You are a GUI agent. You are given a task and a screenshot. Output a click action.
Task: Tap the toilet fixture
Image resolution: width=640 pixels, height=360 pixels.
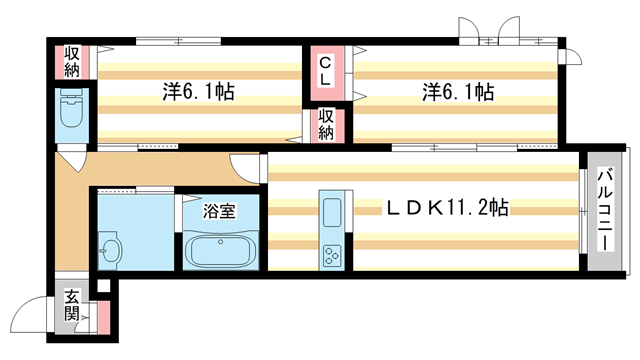pos(72,110)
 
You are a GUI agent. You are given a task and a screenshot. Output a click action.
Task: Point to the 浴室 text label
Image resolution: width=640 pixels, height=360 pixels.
pos(219,211)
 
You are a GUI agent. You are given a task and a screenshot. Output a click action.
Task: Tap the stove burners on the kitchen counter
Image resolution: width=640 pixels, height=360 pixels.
pos(331,255)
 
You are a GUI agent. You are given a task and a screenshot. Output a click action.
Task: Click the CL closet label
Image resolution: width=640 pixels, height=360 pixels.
pos(326,72)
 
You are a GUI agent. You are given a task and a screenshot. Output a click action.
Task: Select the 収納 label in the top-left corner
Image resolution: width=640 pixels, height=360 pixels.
pos(72,61)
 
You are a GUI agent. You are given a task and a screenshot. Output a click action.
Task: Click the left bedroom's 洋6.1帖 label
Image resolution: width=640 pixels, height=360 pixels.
pos(199,92)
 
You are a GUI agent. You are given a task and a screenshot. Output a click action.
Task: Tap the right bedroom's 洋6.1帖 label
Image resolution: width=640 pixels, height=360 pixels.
pos(456,92)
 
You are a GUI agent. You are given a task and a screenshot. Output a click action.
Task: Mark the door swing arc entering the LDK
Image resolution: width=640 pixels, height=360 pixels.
pos(246,166)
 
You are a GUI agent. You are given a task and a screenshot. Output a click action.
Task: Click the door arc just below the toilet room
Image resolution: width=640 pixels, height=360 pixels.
pos(72,160)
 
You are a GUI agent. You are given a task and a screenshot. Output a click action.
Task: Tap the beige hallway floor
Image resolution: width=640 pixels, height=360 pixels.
pos(70,215)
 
